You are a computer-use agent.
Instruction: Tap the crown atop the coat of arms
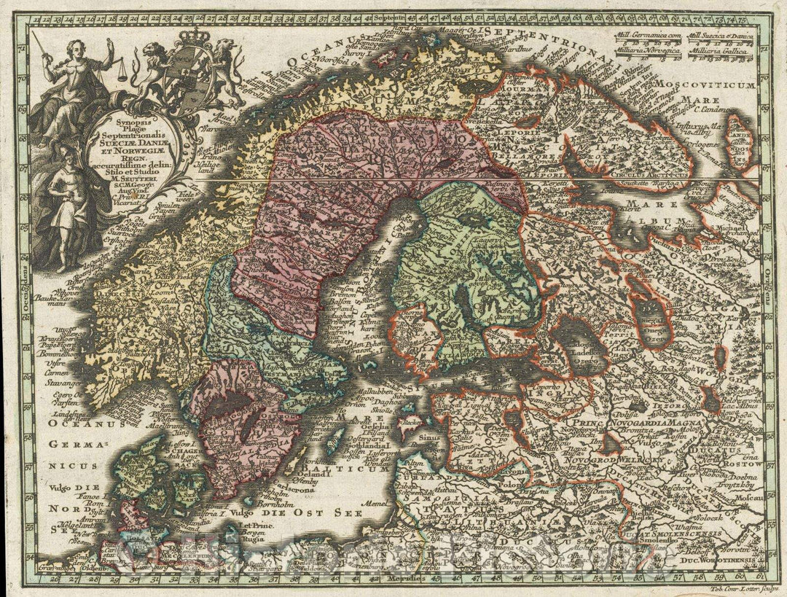(x=176, y=38)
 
